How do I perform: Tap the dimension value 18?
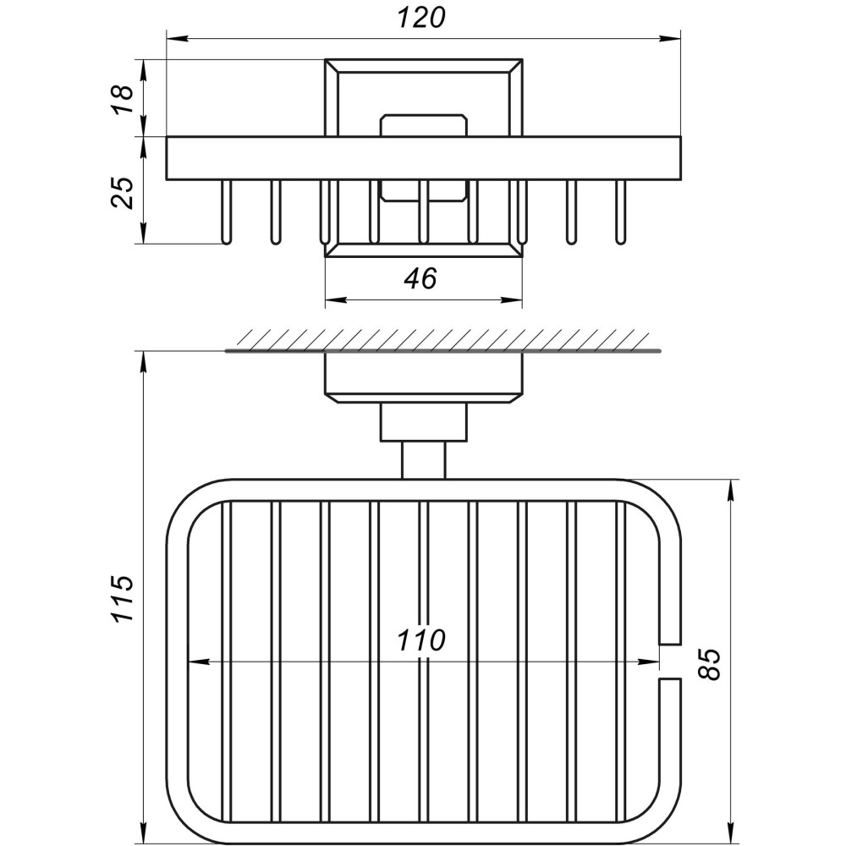click(x=124, y=98)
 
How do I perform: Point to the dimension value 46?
click(x=420, y=278)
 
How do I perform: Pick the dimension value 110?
click(x=422, y=641)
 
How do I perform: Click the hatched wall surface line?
click(x=440, y=349)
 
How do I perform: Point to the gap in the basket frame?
click(x=669, y=661)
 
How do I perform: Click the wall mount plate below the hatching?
click(x=423, y=376)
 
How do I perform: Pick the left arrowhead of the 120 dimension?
click(x=174, y=37)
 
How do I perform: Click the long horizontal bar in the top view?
click(x=423, y=158)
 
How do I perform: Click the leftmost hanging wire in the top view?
click(x=226, y=211)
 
